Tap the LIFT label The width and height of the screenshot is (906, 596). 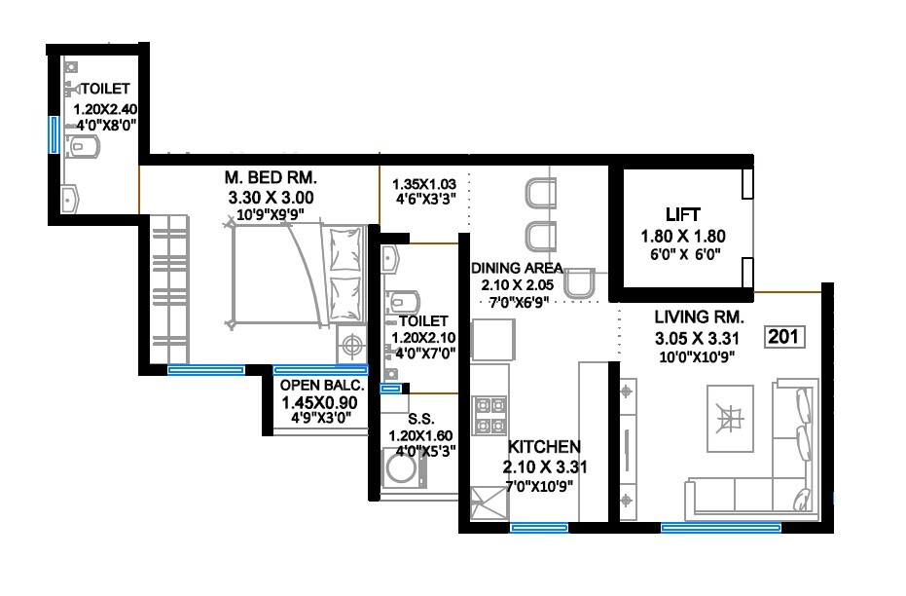(683, 214)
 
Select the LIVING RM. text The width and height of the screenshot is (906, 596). (699, 317)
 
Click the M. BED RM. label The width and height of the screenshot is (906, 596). (271, 178)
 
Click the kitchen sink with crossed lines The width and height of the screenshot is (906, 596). (483, 504)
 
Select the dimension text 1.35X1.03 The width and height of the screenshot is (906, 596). (423, 183)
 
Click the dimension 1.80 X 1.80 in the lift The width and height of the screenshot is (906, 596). (683, 236)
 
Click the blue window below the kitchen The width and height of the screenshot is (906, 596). (539, 528)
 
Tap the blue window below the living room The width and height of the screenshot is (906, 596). (720, 528)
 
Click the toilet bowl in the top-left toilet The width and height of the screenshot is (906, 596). (85, 147)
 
